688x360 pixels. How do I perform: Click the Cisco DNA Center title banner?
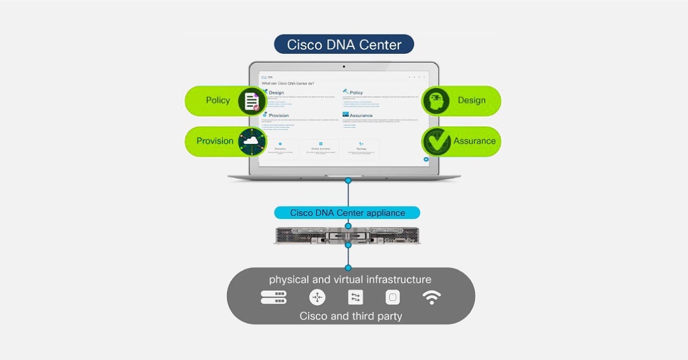coord(344,45)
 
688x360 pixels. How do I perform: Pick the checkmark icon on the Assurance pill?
coord(436,141)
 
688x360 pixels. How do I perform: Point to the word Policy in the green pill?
coord(218,101)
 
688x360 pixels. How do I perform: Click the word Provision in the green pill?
coord(215,141)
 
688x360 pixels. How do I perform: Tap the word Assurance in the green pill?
coord(474,141)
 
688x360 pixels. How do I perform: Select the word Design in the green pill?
coord(471,101)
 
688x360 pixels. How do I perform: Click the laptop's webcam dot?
coord(344,66)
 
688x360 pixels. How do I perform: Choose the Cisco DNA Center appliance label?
coord(347,213)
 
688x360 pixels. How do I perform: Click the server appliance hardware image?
coord(347,235)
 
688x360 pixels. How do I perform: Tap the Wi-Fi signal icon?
coord(432,297)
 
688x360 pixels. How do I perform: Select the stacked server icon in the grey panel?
coord(273,297)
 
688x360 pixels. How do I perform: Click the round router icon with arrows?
coord(317,297)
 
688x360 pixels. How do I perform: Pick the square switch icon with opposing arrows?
coord(355,297)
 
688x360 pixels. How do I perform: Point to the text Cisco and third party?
coord(351,316)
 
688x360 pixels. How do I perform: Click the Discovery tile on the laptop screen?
coord(280,149)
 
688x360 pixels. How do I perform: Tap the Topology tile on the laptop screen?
coord(361,149)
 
